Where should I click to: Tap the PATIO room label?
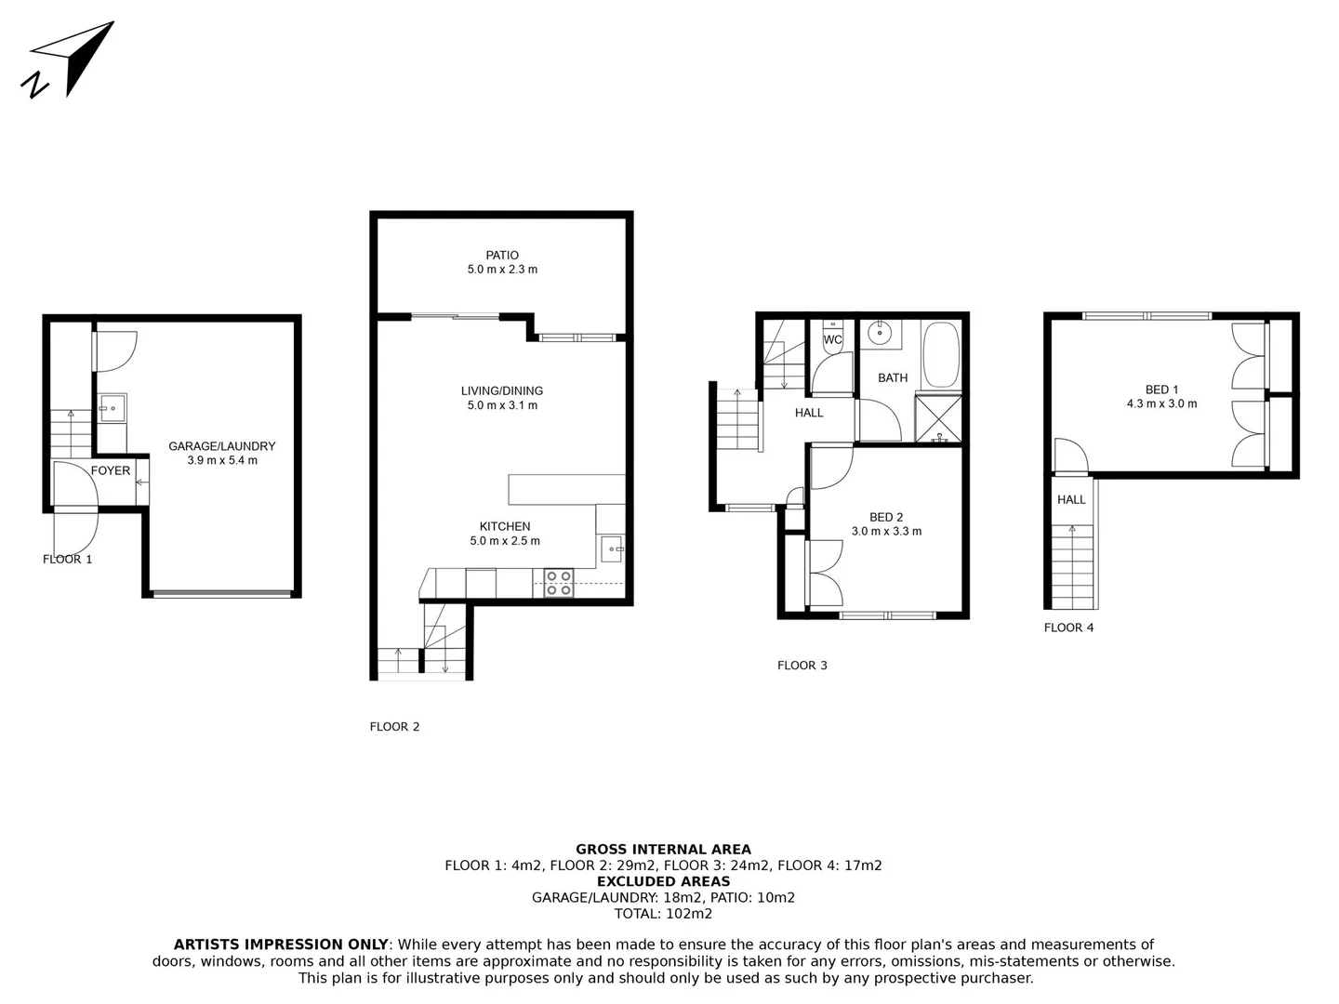502,256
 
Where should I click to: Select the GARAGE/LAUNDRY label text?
221,446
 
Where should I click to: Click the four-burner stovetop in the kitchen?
559,583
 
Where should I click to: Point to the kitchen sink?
611,549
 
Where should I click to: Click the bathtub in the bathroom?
940,354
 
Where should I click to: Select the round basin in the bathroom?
880,333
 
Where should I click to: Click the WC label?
832,340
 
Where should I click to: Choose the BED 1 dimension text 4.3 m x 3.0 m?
1161,404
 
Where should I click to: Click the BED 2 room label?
886,517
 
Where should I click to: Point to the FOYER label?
111,470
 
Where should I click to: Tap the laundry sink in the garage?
113,407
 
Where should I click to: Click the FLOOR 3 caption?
802,666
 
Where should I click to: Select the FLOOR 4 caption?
1068,627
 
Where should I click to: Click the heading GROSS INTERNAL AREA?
663,849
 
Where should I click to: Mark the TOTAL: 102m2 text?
663,914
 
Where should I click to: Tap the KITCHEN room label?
505,526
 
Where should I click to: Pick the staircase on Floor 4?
1073,567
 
